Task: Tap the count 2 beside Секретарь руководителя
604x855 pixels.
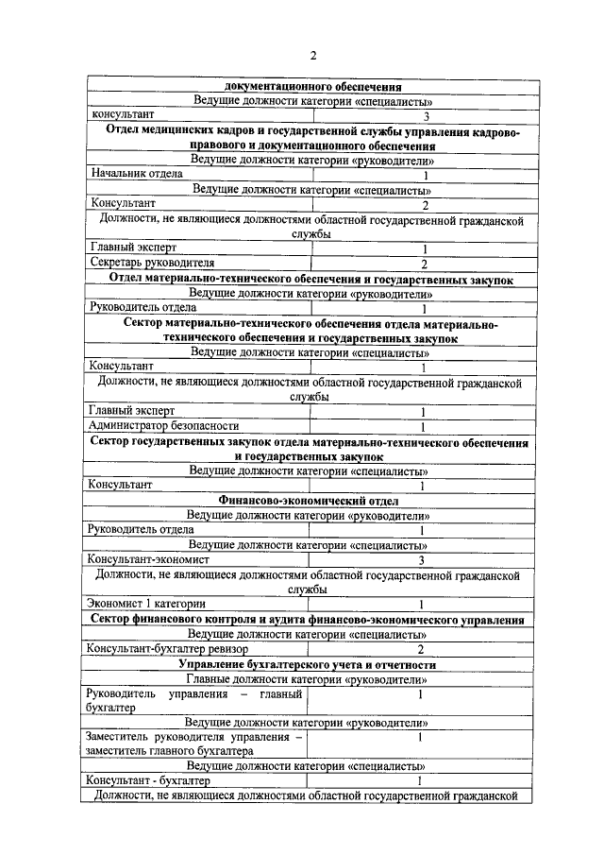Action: pos(425,264)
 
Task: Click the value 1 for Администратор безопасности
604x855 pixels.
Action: pos(424,427)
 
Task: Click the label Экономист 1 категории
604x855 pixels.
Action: pos(146,604)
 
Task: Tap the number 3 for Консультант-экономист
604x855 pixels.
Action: pos(423,560)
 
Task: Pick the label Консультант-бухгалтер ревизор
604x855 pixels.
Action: pos(167,649)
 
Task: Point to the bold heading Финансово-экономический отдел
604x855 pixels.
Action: pos(309,500)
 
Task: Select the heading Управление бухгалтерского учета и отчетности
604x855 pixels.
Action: pos(309,664)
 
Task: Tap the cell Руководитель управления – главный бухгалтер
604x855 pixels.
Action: pos(193,700)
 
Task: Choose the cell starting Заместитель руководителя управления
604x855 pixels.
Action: pos(193,744)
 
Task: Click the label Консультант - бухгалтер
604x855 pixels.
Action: pos(148,781)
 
